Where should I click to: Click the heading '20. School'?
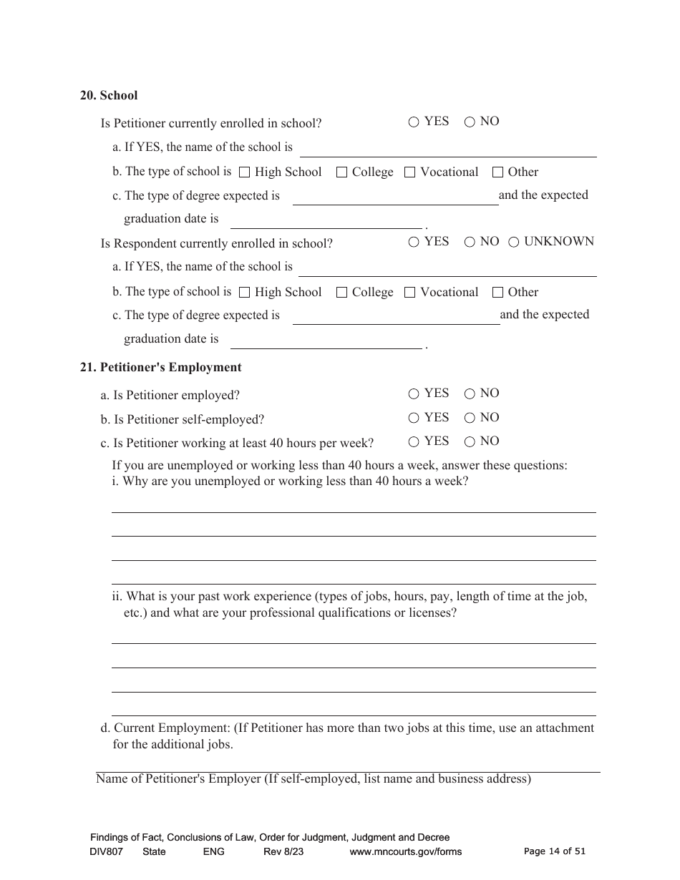(109, 95)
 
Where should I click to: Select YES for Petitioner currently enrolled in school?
(414, 122)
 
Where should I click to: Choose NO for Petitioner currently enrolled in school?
(470, 122)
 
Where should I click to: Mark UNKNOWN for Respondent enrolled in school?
(513, 243)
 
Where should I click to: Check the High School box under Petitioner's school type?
(244, 172)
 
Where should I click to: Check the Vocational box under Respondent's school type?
(409, 293)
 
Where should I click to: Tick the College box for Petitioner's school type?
(341, 172)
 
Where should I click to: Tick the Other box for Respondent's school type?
(497, 293)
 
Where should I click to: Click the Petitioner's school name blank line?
(447, 150)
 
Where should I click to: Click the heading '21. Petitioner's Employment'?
(161, 367)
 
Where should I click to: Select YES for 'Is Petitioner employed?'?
(414, 394)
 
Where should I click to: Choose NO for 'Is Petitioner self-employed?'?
(470, 419)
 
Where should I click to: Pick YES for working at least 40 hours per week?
(414, 442)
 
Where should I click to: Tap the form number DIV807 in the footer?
(107, 851)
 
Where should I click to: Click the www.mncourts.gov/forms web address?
(405, 851)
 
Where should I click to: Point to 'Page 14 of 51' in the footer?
(555, 851)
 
